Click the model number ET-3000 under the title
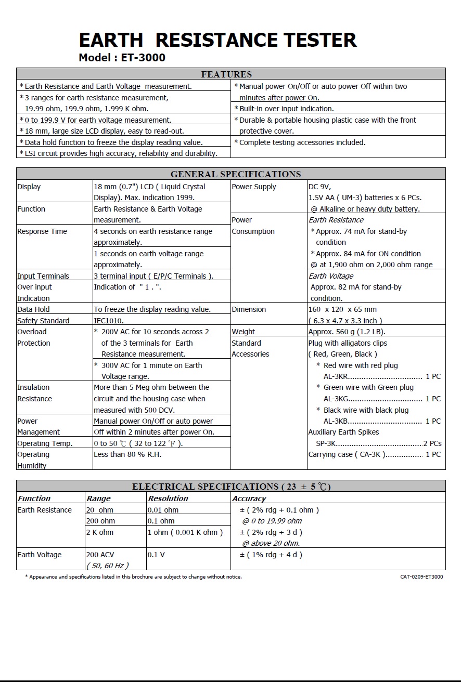click(x=143, y=58)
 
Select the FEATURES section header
click(x=226, y=74)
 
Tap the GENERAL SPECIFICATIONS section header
click(x=236, y=174)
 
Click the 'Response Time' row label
click(x=42, y=231)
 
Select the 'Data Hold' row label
click(x=34, y=309)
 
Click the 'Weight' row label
click(x=244, y=332)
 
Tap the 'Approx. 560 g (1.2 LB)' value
click(x=347, y=332)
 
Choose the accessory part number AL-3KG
click(x=336, y=399)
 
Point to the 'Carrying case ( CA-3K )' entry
click(x=347, y=454)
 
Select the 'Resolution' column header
click(x=168, y=499)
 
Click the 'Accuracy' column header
click(x=249, y=499)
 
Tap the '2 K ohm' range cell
click(x=100, y=532)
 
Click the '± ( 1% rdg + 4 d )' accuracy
click(x=271, y=555)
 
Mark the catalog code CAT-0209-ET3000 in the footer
click(x=421, y=576)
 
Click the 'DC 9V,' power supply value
click(x=319, y=187)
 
